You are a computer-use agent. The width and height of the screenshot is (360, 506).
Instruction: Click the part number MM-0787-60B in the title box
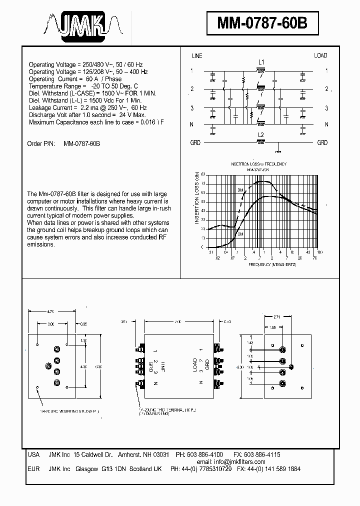[x=262, y=23]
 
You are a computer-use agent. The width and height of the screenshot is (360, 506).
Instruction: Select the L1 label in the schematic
[x=261, y=62]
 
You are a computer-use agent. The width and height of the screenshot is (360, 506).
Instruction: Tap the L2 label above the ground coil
[x=260, y=135]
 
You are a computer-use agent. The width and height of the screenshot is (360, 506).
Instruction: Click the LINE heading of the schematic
[x=197, y=56]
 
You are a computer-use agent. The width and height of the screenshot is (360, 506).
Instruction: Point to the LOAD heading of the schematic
[x=320, y=56]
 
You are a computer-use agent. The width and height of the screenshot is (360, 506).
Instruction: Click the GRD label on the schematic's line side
[x=195, y=142]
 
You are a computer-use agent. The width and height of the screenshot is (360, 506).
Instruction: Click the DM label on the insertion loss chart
[x=240, y=190]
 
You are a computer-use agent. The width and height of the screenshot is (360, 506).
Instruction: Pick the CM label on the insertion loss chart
[x=240, y=234]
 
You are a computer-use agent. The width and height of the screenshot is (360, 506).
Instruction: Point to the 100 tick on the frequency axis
[x=319, y=252]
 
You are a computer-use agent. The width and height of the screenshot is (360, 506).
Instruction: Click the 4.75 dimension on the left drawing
[x=50, y=311]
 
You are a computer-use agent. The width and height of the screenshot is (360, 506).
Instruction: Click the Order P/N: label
[x=40, y=143]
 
